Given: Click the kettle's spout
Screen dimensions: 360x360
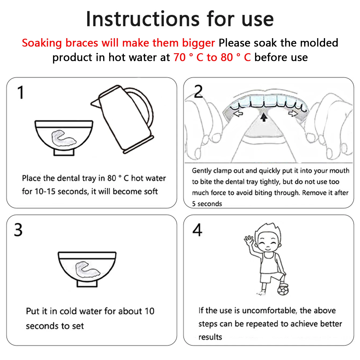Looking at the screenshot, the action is tap(95, 103).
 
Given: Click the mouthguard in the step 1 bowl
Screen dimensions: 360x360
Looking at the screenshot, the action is tap(63, 138).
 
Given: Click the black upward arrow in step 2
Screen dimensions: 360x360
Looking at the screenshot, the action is tap(264, 117).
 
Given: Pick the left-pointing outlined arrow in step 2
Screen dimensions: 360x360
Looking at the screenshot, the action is tap(238, 113).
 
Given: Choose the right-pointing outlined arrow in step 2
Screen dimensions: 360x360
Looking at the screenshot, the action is tap(293, 113).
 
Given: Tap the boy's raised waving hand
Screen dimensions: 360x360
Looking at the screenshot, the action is tap(249, 240).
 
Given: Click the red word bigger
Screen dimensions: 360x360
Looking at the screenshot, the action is tap(198, 43).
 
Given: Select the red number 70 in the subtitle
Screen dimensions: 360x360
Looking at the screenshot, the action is tap(179, 57).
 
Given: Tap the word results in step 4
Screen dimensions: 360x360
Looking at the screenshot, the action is tap(210, 337).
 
